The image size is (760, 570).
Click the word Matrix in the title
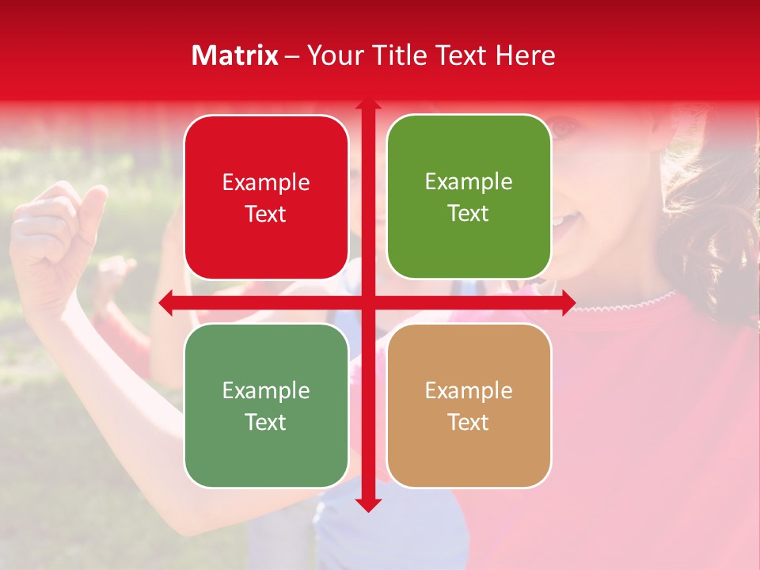point(235,55)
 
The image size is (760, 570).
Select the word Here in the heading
point(525,55)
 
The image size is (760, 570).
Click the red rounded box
point(266,198)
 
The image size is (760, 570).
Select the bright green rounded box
point(469,198)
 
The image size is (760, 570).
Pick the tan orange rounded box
point(469,405)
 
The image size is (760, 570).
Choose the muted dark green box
point(266,405)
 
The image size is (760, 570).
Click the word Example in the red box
point(266,183)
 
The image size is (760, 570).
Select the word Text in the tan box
point(469,422)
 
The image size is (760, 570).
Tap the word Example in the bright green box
point(469,182)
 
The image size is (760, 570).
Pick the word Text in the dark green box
point(266,422)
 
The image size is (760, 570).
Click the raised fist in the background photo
point(55,237)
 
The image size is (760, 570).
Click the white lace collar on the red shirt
point(633,302)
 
